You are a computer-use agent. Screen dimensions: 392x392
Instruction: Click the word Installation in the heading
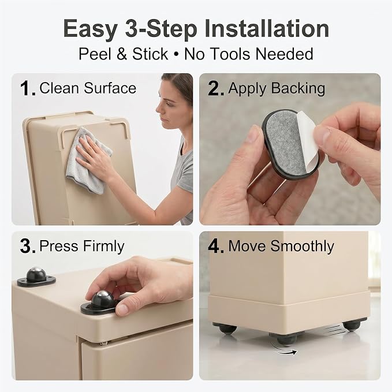pos(267,28)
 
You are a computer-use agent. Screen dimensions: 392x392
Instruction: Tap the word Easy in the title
pos(91,29)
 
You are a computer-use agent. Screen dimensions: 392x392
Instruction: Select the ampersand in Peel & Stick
pos(122,54)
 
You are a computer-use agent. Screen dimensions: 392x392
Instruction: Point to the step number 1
pos(27,88)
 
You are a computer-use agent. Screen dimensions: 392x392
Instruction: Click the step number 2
pos(215,88)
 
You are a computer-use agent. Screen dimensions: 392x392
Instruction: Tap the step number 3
pos(27,247)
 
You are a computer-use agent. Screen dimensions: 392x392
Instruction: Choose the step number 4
pos(215,247)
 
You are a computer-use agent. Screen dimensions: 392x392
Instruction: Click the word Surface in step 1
pos(110,88)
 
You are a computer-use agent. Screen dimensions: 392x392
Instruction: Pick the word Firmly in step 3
pos(103,247)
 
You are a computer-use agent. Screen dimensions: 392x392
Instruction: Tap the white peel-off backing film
pos(308,139)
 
